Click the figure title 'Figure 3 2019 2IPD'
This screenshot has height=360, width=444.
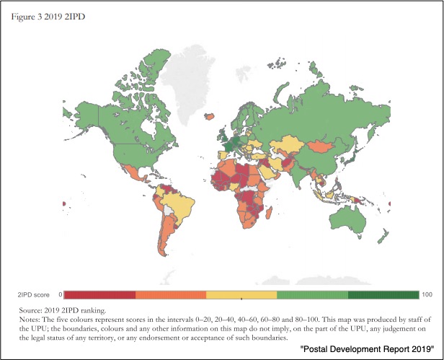click(48, 17)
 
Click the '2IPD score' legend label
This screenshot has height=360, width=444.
click(33, 295)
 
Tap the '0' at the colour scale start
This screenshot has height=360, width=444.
click(61, 294)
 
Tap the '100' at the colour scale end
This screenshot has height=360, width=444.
click(427, 294)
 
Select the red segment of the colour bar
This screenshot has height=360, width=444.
click(99, 295)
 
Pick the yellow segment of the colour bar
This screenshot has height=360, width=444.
click(241, 295)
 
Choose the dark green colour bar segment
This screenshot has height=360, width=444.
click(383, 295)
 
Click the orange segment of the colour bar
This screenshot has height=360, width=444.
click(171, 295)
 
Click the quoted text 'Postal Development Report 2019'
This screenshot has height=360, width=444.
click(368, 349)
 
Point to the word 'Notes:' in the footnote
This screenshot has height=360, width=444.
click(30, 320)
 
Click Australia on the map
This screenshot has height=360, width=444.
click(347, 220)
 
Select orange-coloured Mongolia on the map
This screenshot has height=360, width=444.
click(321, 146)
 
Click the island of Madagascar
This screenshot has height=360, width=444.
click(269, 213)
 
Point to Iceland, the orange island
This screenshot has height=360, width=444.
click(210, 116)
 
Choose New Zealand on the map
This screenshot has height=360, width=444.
click(383, 236)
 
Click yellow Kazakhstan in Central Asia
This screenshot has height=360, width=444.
click(287, 144)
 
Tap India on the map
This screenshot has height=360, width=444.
click(297, 173)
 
